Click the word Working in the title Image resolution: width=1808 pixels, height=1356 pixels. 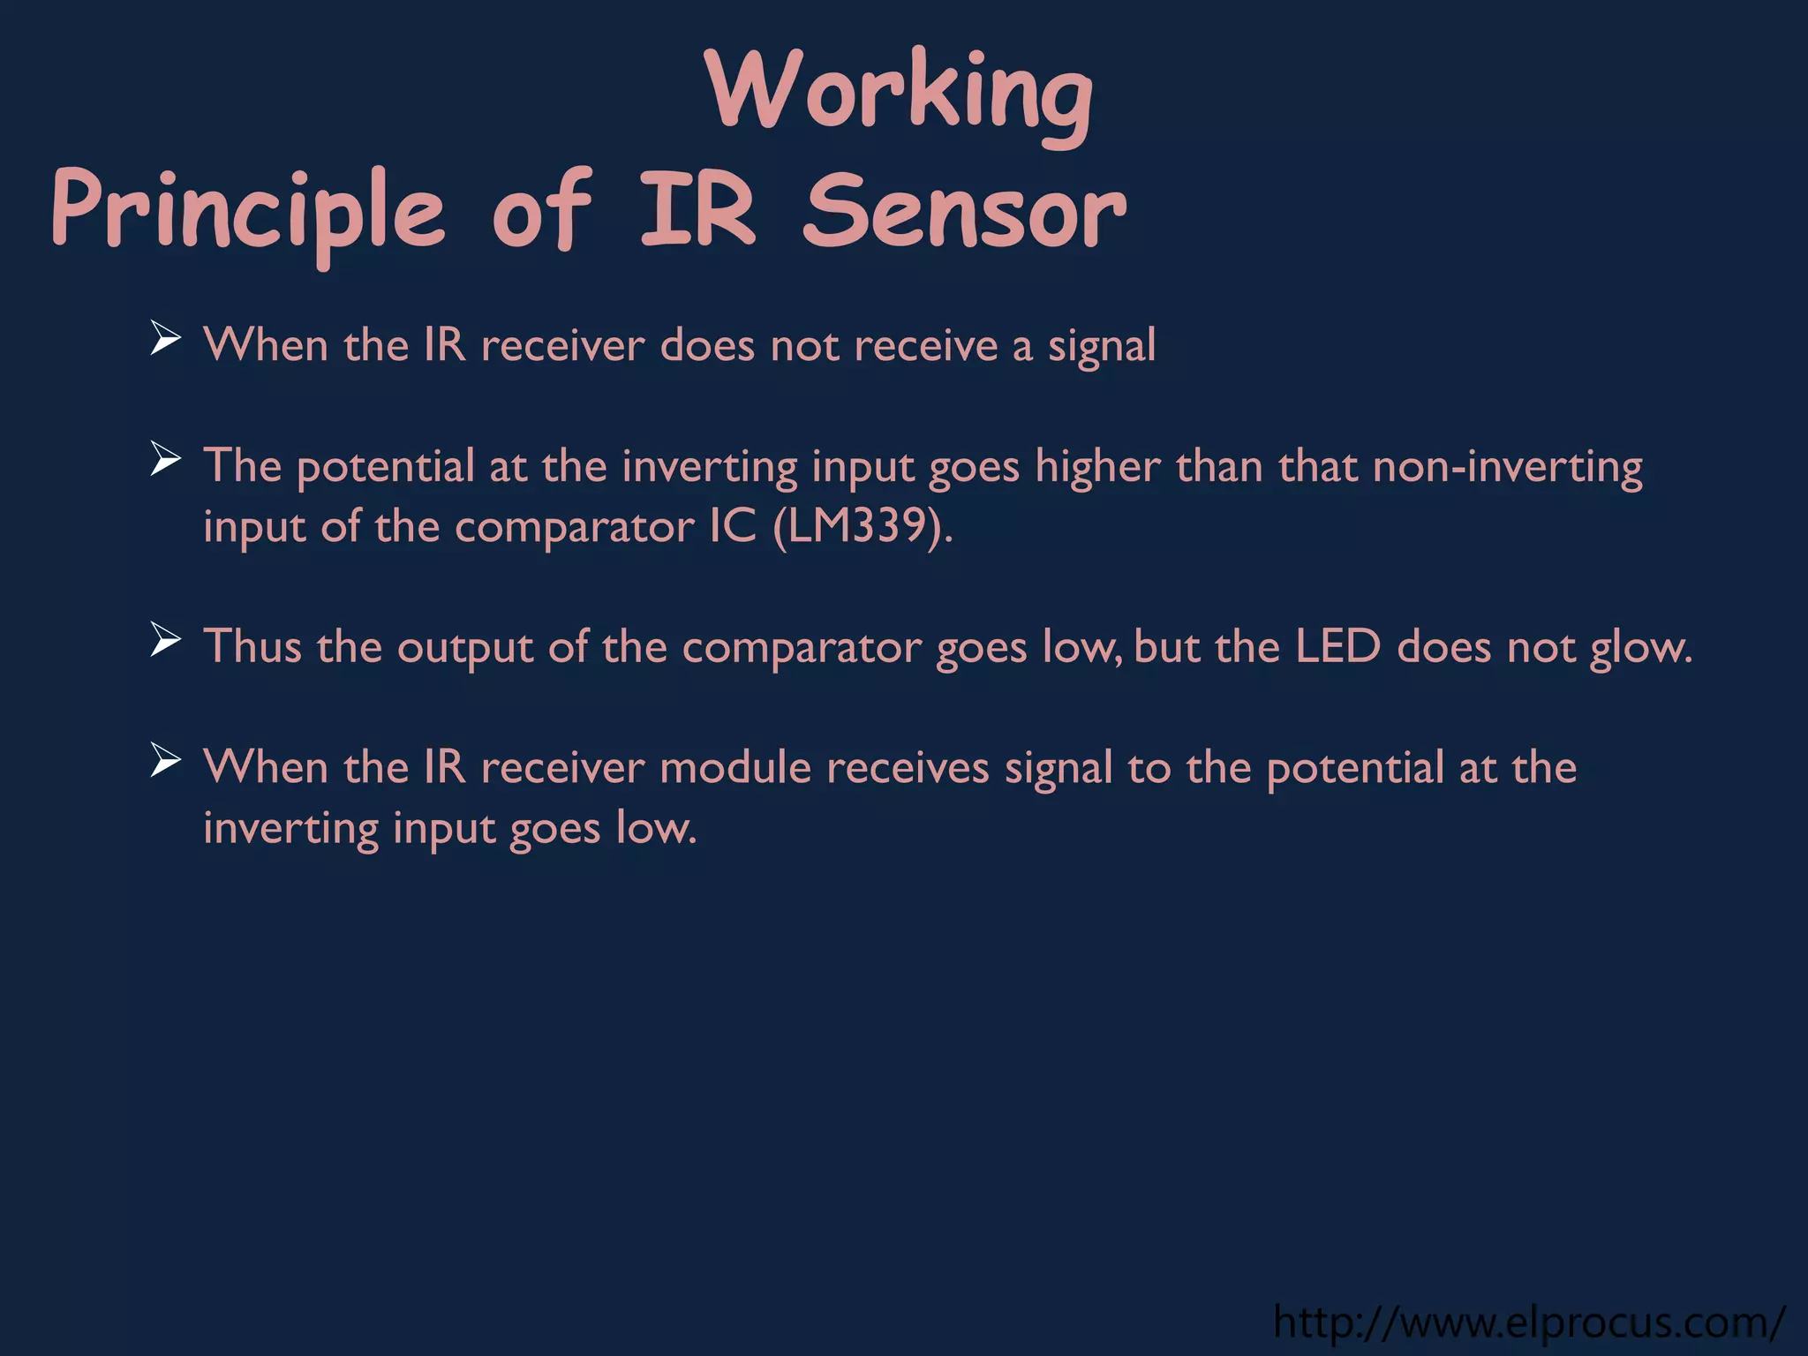[x=899, y=93]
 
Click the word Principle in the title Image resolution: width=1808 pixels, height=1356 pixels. [x=248, y=212]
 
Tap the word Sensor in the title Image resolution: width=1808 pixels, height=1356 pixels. [x=964, y=212]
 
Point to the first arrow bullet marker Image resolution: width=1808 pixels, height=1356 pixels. [x=165, y=339]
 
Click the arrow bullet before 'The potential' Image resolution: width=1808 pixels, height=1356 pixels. [x=165, y=459]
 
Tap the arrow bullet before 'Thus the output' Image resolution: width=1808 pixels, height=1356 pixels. [x=165, y=640]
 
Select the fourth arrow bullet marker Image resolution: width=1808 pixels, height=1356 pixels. [x=165, y=760]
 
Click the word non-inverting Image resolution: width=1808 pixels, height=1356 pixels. [x=1508, y=467]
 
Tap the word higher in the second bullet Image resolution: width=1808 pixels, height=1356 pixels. [x=1097, y=467]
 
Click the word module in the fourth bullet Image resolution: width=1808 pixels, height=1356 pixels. [x=735, y=767]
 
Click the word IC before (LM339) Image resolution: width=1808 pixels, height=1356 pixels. [x=733, y=528]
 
